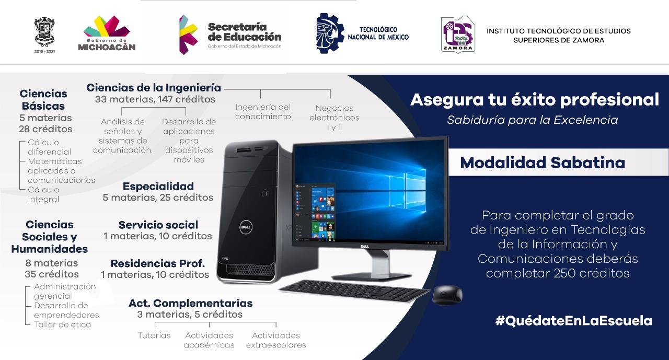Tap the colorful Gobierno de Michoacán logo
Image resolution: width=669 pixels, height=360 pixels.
tap(107, 33)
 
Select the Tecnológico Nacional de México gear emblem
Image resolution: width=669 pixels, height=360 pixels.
tap(330, 33)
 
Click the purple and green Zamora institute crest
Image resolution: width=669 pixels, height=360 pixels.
tap(458, 34)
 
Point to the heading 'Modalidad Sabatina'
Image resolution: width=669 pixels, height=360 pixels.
tap(543, 162)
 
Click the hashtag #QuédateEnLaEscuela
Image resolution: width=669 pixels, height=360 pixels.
tap(573, 321)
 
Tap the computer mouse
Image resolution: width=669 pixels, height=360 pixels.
tap(447, 295)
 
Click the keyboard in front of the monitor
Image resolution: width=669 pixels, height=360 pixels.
tap(354, 291)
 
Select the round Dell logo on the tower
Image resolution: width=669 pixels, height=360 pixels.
tap(246, 227)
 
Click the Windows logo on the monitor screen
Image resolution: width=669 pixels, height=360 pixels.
tap(408, 190)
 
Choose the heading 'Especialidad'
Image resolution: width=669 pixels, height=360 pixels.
tap(158, 186)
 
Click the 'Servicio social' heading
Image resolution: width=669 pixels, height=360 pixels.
tap(158, 225)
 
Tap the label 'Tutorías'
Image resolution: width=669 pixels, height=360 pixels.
tap(154, 335)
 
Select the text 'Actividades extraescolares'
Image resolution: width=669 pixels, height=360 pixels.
tap(276, 340)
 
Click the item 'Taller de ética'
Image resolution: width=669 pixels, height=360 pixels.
tap(62, 324)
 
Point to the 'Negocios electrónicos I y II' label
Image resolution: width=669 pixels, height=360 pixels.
tap(334, 118)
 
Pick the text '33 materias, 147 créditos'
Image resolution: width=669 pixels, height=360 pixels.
tap(155, 99)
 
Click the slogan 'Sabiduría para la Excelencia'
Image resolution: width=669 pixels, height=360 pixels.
tap(533, 120)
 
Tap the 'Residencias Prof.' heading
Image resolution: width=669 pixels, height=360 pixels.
tap(158, 263)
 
